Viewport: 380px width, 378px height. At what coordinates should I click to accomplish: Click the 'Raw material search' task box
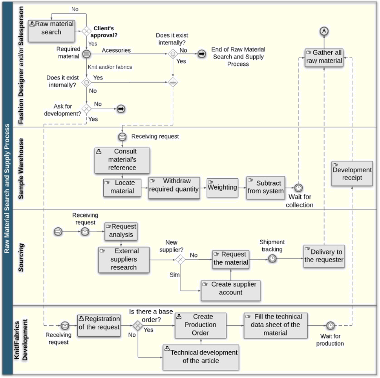(51, 30)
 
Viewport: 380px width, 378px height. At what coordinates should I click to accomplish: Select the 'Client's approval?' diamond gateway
(86, 31)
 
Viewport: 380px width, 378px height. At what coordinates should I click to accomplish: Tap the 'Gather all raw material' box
(324, 57)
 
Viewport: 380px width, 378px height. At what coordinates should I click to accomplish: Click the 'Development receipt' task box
(352, 173)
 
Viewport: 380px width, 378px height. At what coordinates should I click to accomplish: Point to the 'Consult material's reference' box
(122, 160)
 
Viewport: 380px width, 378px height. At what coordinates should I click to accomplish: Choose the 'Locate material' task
(122, 187)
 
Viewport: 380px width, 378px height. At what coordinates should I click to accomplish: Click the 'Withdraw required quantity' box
(174, 187)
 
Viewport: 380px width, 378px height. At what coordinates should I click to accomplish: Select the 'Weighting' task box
(223, 187)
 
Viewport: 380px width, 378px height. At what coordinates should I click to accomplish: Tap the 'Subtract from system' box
(265, 187)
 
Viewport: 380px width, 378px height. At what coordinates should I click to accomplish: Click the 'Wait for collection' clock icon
(299, 188)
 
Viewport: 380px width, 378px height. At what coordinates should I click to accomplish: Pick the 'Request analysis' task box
(121, 231)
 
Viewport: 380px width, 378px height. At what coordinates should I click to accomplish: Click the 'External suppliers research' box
(124, 260)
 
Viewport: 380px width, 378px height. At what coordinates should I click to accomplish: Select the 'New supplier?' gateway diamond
(180, 259)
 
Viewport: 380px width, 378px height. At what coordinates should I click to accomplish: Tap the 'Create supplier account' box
(231, 290)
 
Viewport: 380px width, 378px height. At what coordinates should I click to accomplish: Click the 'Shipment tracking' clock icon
(272, 258)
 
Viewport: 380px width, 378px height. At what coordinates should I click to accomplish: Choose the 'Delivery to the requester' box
(324, 256)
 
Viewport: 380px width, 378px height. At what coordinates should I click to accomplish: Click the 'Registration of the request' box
(99, 325)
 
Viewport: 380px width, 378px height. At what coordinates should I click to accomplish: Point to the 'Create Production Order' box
(201, 325)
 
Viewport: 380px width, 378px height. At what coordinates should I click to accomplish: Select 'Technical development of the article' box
(201, 357)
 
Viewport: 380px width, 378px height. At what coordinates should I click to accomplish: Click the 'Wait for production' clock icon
(331, 326)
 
